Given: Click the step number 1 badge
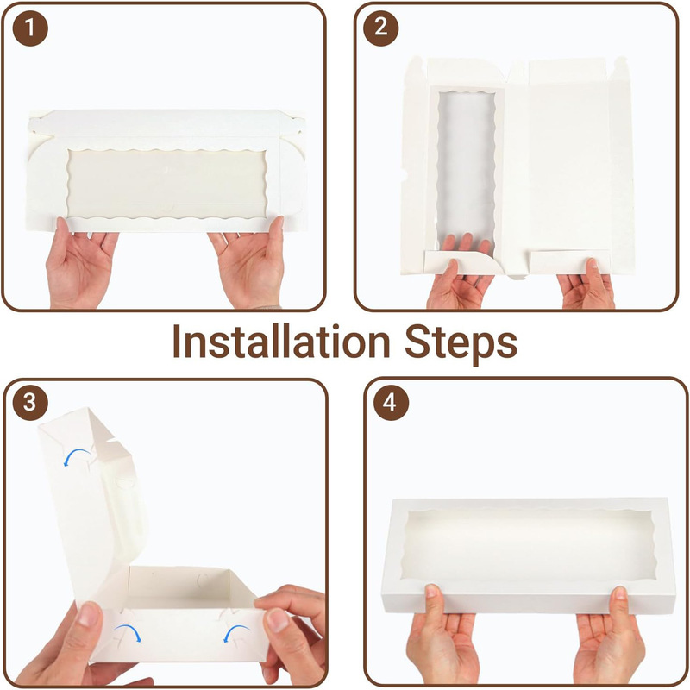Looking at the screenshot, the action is click(x=30, y=28).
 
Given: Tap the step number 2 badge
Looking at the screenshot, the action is click(x=380, y=28).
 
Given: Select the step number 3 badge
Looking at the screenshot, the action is click(x=30, y=402).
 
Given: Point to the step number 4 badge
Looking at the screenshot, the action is click(x=391, y=402).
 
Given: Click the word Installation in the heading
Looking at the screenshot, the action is click(x=282, y=342).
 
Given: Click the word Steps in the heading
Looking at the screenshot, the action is click(x=461, y=344).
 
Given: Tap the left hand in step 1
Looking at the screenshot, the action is click(x=80, y=262).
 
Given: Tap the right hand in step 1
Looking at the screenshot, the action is click(x=248, y=262).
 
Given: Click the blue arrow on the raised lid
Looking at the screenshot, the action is click(x=77, y=456).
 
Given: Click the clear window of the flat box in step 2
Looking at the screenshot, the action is click(x=466, y=172).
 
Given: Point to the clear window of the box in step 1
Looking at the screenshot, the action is click(x=166, y=183).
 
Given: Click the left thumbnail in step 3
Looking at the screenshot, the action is click(x=90, y=615).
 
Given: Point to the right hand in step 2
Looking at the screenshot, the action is click(x=586, y=284).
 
